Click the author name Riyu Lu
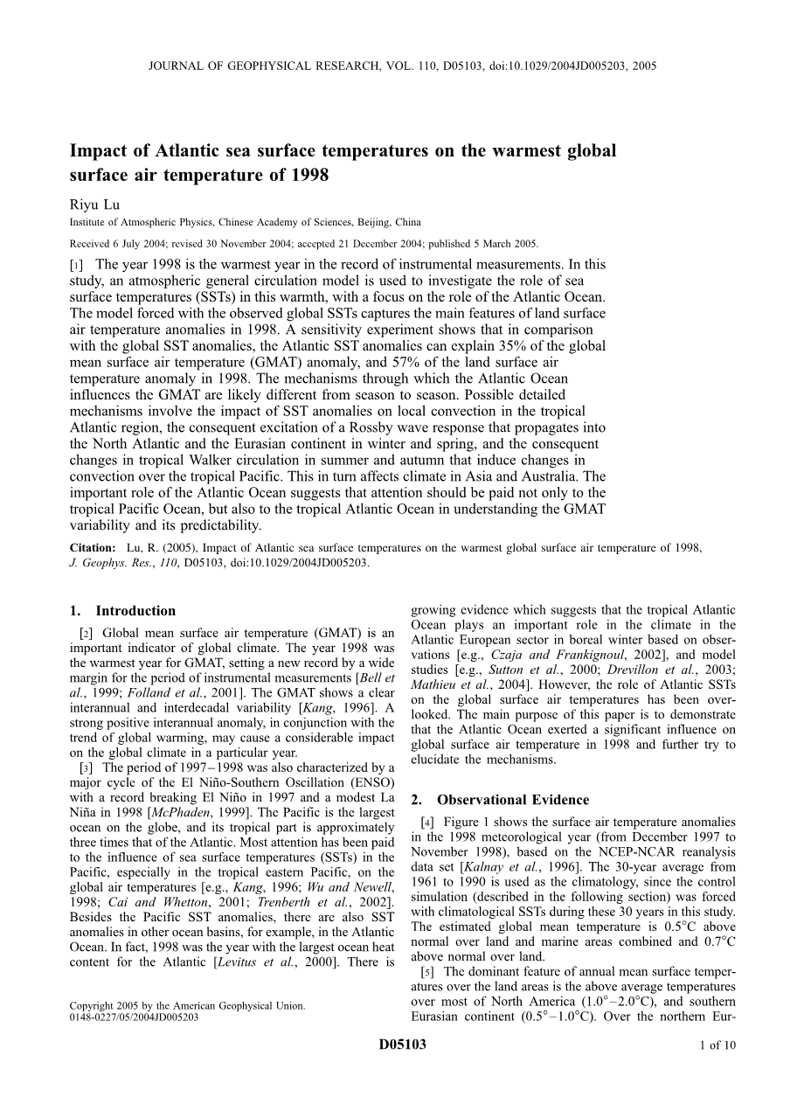[x=94, y=205]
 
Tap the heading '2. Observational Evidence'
[x=500, y=799]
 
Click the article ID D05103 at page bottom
[x=403, y=1069]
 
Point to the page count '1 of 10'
[x=718, y=1070]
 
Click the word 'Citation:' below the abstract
[x=93, y=548]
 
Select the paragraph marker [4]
[x=427, y=822]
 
